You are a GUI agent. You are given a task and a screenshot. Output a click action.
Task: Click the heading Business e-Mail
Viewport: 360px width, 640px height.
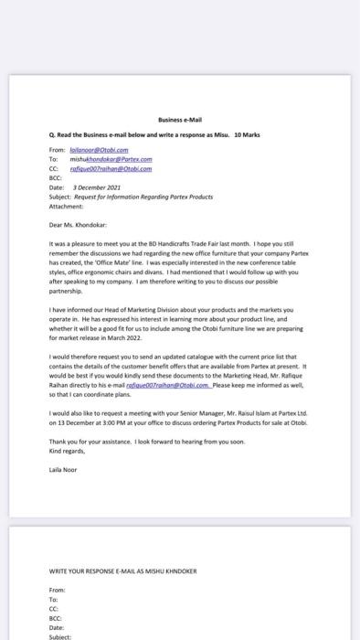(179, 120)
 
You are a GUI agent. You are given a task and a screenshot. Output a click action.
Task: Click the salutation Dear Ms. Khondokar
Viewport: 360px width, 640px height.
(79, 223)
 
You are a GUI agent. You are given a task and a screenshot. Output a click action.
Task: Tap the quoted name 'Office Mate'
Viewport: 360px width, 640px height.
(117, 262)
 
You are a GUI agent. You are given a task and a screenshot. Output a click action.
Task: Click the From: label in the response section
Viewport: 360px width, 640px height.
(56, 590)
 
